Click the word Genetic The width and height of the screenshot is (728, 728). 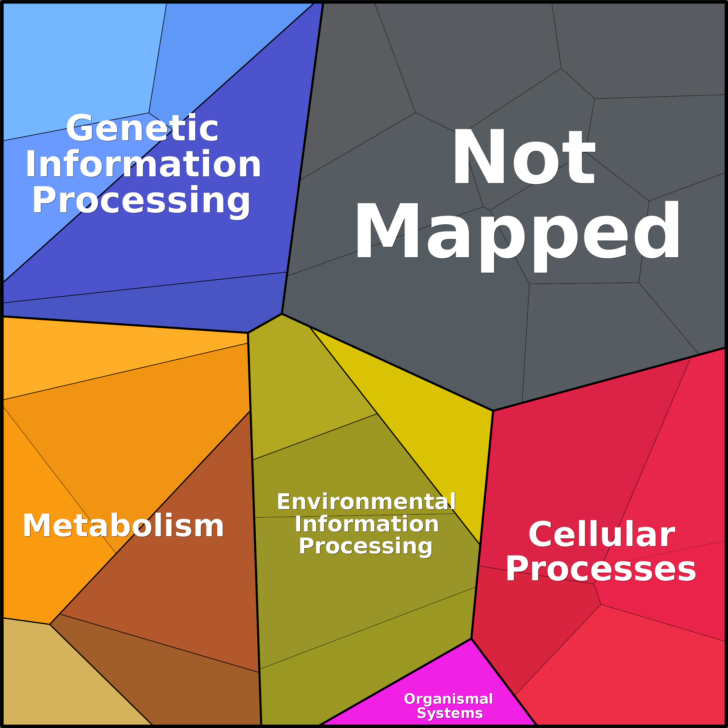(x=142, y=128)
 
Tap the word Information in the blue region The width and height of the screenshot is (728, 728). (x=143, y=164)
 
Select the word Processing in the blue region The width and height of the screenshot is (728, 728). (x=141, y=201)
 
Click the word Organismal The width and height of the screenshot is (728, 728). (x=448, y=699)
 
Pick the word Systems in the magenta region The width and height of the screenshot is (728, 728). (x=449, y=713)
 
